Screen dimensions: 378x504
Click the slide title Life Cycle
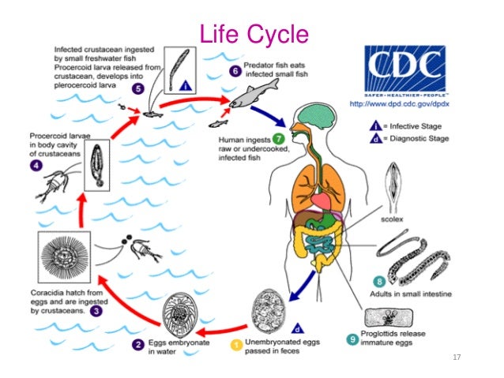[x=252, y=34]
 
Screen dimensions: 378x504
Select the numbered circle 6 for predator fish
[x=235, y=70]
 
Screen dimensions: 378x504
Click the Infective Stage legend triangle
[x=377, y=125]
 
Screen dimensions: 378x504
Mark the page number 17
[x=456, y=357]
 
